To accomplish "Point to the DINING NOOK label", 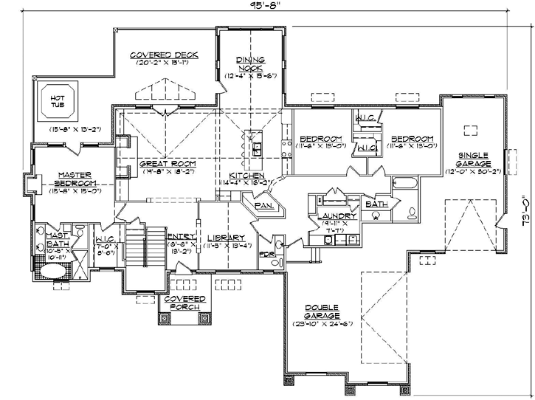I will click(x=249, y=64).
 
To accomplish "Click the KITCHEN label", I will click(x=246, y=175).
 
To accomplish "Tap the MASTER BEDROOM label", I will click(x=77, y=179).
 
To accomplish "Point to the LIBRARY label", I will click(x=228, y=237).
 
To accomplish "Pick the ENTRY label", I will click(x=182, y=237).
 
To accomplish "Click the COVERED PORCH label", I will click(x=180, y=303).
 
